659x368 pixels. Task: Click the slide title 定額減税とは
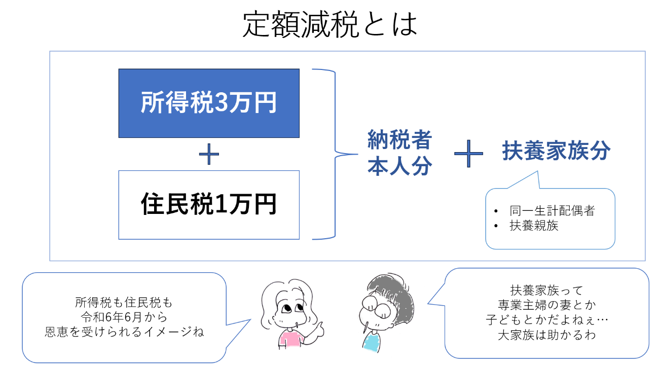pyautogui.click(x=329, y=24)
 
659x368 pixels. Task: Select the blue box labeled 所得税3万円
pyautogui.click(x=209, y=103)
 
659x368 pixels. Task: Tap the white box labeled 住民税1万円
pyautogui.click(x=209, y=205)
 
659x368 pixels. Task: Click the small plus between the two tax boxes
pyautogui.click(x=209, y=154)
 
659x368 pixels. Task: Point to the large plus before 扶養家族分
pyautogui.click(x=468, y=152)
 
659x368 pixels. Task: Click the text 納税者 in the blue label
pyautogui.click(x=399, y=140)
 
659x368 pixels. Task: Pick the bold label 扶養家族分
pyautogui.click(x=556, y=151)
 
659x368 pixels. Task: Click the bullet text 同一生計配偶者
pyautogui.click(x=552, y=211)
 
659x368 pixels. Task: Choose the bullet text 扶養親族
pyautogui.click(x=534, y=226)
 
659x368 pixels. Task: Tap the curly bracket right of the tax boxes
pyautogui.click(x=327, y=154)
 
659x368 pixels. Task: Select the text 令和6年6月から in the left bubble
pyautogui.click(x=124, y=318)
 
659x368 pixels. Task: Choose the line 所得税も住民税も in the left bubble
pyautogui.click(x=124, y=303)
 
